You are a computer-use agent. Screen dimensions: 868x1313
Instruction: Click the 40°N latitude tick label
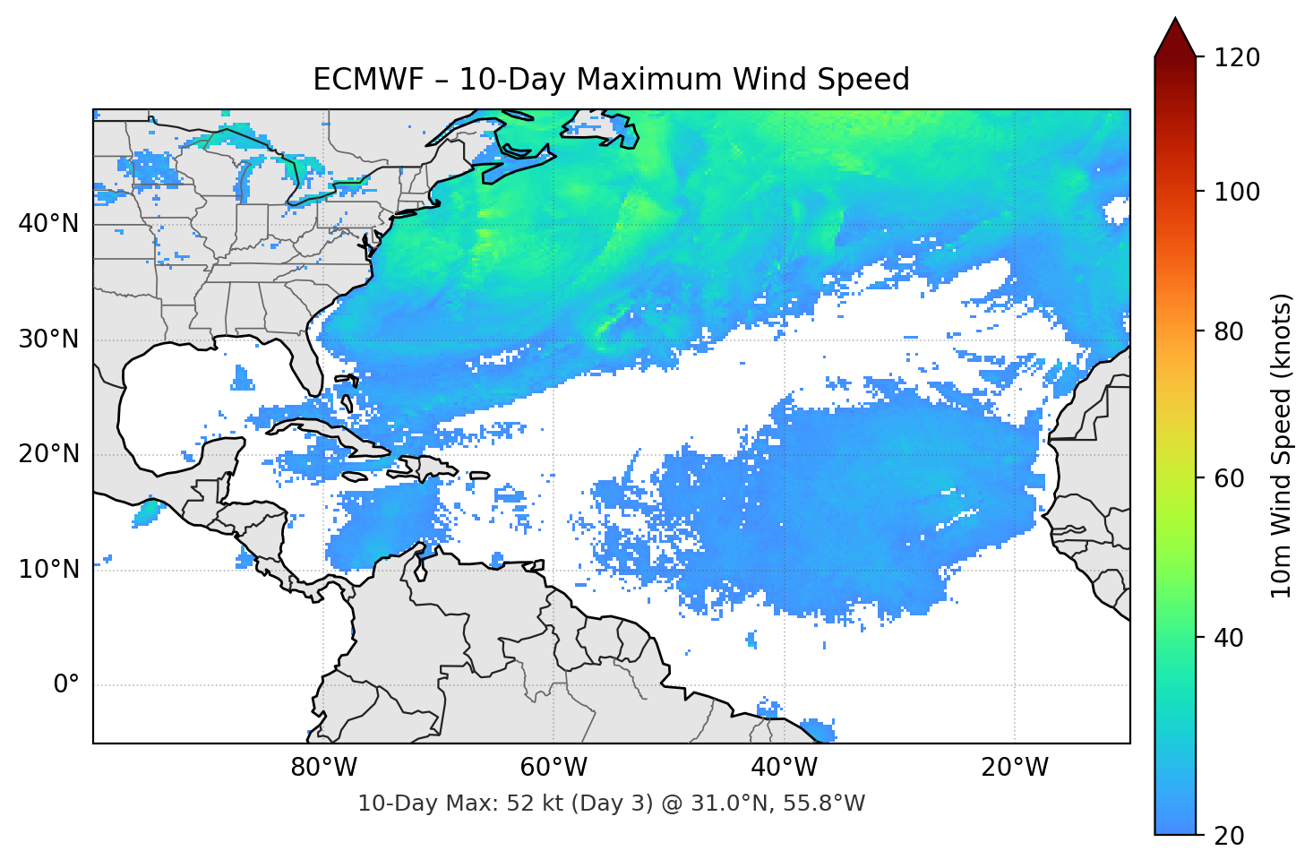click(x=48, y=223)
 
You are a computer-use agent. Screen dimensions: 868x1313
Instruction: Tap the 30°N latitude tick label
click(x=48, y=339)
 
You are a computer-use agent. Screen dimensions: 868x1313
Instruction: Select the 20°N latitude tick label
click(x=48, y=454)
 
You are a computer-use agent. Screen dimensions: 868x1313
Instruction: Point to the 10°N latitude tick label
click(x=48, y=569)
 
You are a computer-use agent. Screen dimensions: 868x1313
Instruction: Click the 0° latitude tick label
click(x=65, y=684)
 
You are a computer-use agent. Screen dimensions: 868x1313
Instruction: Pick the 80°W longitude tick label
click(x=323, y=768)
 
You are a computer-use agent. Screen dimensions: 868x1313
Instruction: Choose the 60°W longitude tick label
click(x=554, y=768)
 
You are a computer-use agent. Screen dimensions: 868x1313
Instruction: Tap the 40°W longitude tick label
click(x=784, y=768)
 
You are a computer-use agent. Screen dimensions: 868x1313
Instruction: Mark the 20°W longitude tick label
click(x=1014, y=768)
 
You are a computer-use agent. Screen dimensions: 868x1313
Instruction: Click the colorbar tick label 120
click(x=1237, y=57)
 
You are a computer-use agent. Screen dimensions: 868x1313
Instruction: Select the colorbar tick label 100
click(x=1237, y=192)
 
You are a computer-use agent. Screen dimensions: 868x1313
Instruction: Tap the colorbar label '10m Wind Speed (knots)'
click(x=1282, y=445)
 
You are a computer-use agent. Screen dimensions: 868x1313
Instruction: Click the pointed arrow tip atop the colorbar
click(x=1174, y=21)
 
